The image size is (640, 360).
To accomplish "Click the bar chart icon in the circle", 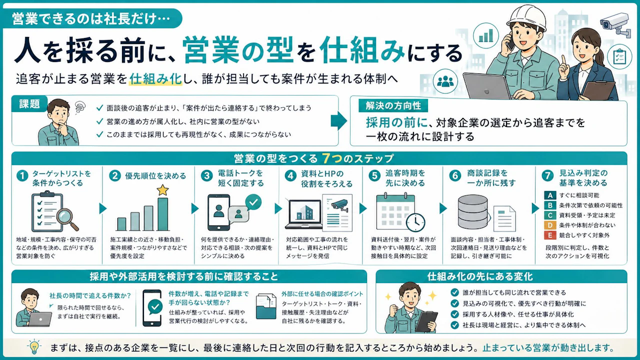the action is coord(485,35).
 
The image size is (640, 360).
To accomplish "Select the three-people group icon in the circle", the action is coord(445,82).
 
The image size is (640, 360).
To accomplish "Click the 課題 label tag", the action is coord(29,104).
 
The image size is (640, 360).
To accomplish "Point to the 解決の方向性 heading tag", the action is coord(393,106).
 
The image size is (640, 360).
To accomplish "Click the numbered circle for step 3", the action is coord(206,175).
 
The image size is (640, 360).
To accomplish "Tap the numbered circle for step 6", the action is coord(455,175).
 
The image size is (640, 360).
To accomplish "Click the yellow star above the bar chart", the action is coord(162,190).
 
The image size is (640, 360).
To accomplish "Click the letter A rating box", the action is coord(550,195).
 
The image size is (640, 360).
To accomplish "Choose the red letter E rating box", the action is coord(550,235).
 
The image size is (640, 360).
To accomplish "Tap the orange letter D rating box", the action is coord(550,225).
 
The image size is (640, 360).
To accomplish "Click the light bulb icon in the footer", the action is coord(34,347).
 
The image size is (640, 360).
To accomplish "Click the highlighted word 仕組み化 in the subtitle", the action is coord(155,79).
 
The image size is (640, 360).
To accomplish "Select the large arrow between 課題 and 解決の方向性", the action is coord(339,121).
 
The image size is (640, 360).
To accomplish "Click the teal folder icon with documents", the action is coord(266,306).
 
